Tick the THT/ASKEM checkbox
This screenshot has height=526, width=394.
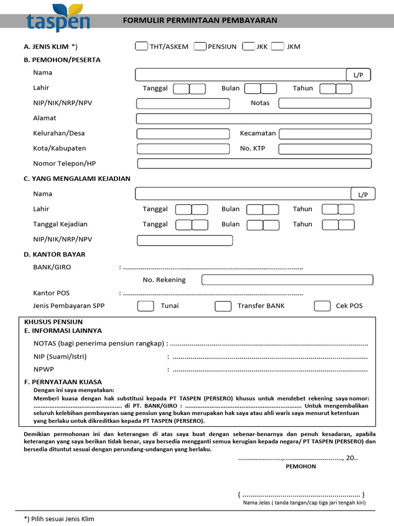tap(141, 46)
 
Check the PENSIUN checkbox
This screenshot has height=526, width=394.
tap(200, 46)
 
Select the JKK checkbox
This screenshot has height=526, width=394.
tap(248, 46)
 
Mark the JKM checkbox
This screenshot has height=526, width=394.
tap(278, 46)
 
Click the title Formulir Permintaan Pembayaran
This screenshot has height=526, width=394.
tap(200, 21)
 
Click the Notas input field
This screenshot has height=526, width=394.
tap(325, 103)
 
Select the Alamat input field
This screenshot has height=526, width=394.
tap(253, 119)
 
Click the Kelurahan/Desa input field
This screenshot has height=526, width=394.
tap(183, 134)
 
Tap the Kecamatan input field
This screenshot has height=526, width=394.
tap(325, 134)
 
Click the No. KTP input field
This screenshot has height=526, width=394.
tap(325, 149)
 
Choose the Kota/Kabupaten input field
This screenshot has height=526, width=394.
tap(183, 149)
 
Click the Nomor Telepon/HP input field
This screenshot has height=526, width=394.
tap(254, 164)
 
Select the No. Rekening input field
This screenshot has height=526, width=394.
tap(287, 280)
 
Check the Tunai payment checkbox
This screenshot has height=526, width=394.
tap(146, 306)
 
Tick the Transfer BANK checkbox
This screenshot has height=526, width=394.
tap(223, 306)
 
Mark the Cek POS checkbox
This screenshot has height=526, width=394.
tap(322, 306)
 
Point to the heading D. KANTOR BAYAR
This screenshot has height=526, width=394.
tap(54, 254)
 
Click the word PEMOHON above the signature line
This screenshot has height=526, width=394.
tap(301, 466)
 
